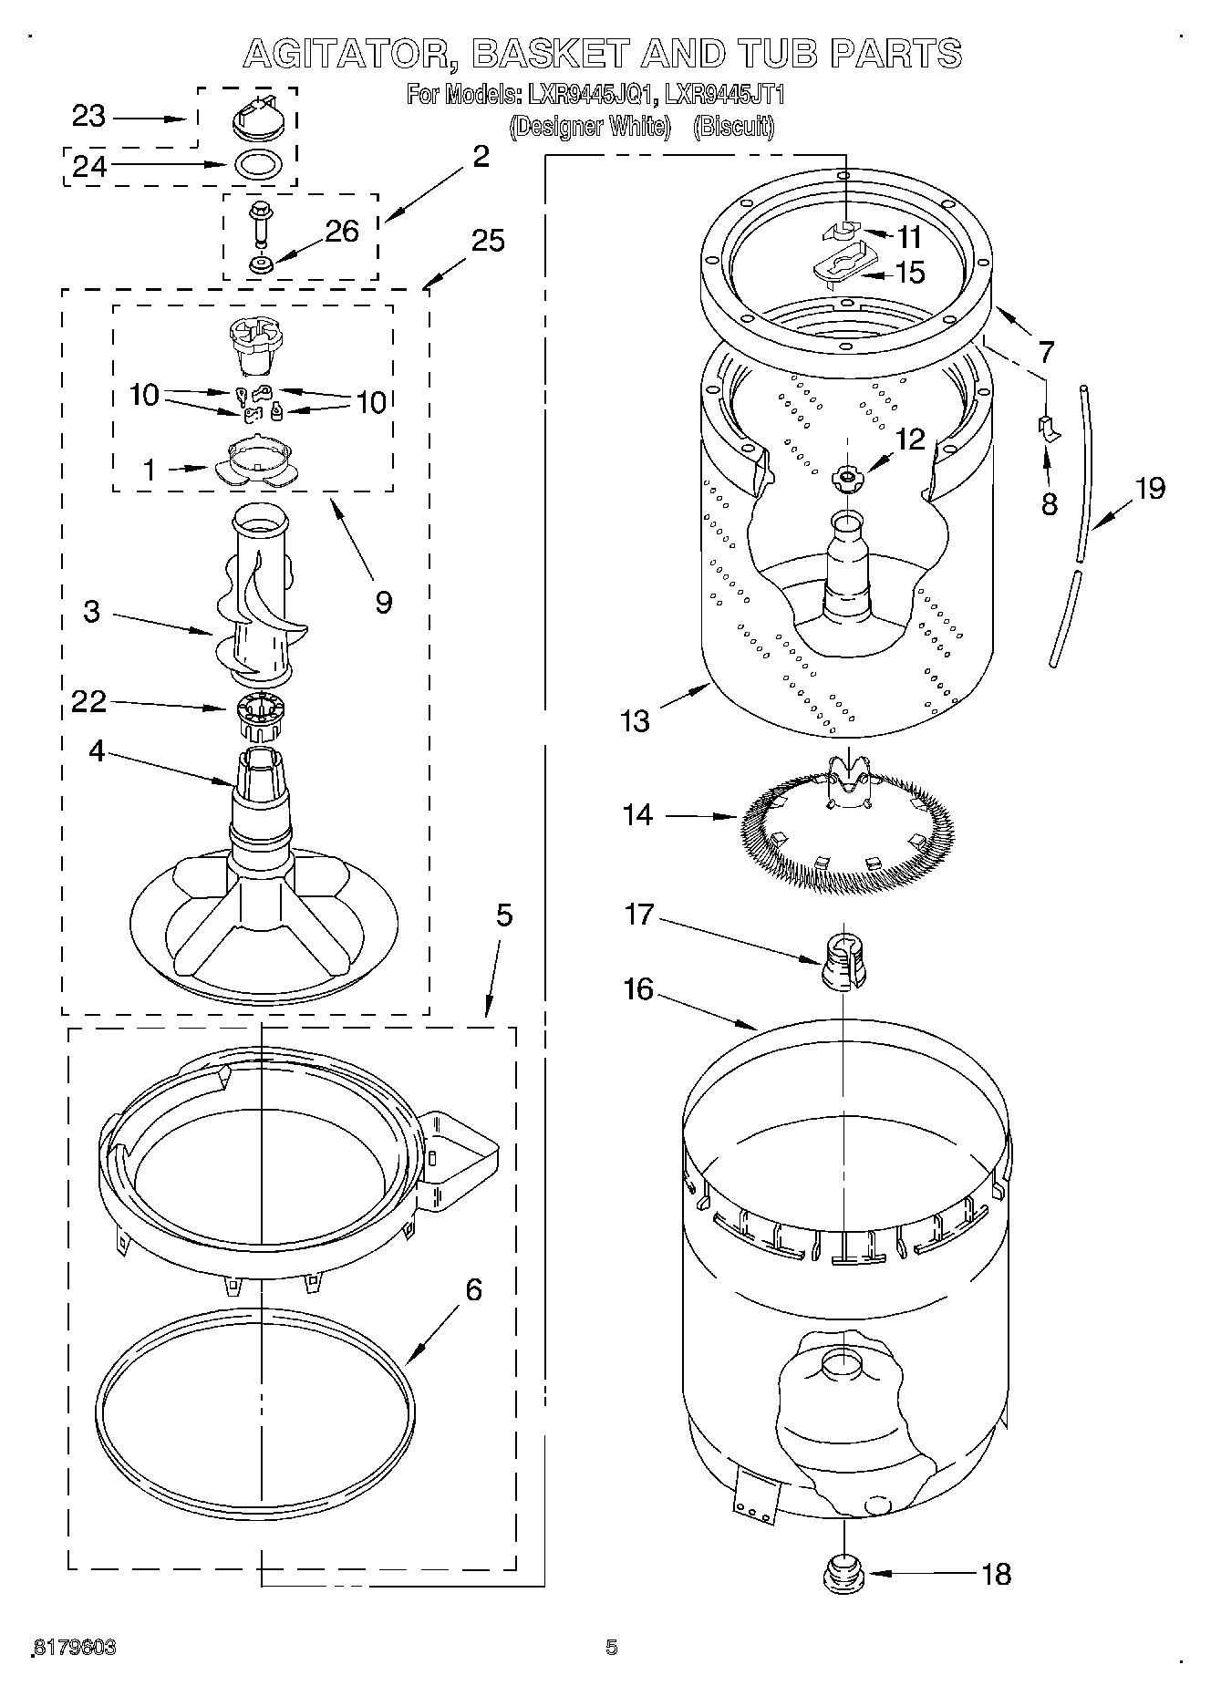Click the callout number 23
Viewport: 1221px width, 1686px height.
[x=89, y=117]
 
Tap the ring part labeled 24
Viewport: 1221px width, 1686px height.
[x=258, y=165]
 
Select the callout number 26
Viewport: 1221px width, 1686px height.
[x=342, y=231]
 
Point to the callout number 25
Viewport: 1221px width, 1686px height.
[x=488, y=241]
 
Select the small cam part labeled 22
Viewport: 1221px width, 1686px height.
[x=261, y=717]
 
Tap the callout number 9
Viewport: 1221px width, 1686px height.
[x=383, y=601]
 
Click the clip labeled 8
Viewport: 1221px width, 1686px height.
[x=1049, y=427]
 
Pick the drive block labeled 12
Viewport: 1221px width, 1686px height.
[x=847, y=478]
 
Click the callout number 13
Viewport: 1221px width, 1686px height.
[x=635, y=720]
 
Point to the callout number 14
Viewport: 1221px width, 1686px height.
[x=638, y=813]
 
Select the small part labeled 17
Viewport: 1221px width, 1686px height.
[x=843, y=963]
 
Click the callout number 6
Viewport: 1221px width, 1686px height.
[x=473, y=1290]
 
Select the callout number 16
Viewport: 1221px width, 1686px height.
[x=638, y=988]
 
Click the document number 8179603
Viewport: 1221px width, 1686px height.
[x=75, y=1647]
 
